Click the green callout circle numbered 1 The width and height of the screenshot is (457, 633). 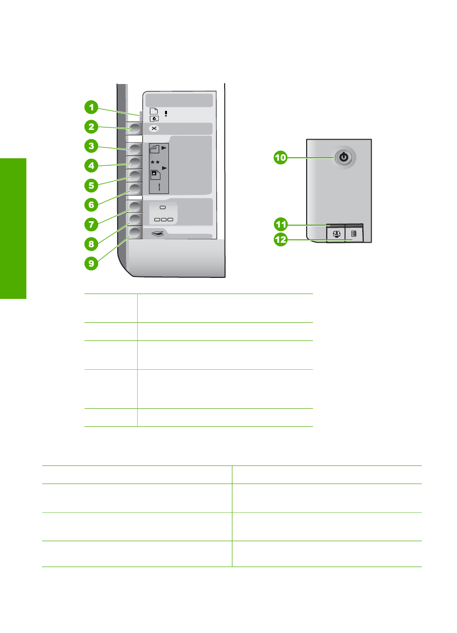coord(91,107)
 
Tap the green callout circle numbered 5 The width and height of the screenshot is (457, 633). coord(91,185)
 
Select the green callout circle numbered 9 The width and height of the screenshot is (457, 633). coord(91,263)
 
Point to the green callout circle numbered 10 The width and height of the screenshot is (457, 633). coord(280,157)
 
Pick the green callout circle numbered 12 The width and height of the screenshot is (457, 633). coord(280,240)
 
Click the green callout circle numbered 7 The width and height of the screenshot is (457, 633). coord(91,224)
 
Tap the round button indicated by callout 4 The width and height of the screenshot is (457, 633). coord(134,162)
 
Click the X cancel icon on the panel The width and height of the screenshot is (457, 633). coord(154,128)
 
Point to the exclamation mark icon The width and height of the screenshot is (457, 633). coord(166,113)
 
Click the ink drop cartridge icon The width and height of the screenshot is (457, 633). coord(154,118)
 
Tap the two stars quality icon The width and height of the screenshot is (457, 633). coord(155,162)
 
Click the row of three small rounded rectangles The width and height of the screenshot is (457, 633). coord(164,219)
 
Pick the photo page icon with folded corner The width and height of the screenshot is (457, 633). coord(155,174)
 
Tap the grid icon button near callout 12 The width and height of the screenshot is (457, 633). coord(354,234)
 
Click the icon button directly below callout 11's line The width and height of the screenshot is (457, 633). coord(336,234)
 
